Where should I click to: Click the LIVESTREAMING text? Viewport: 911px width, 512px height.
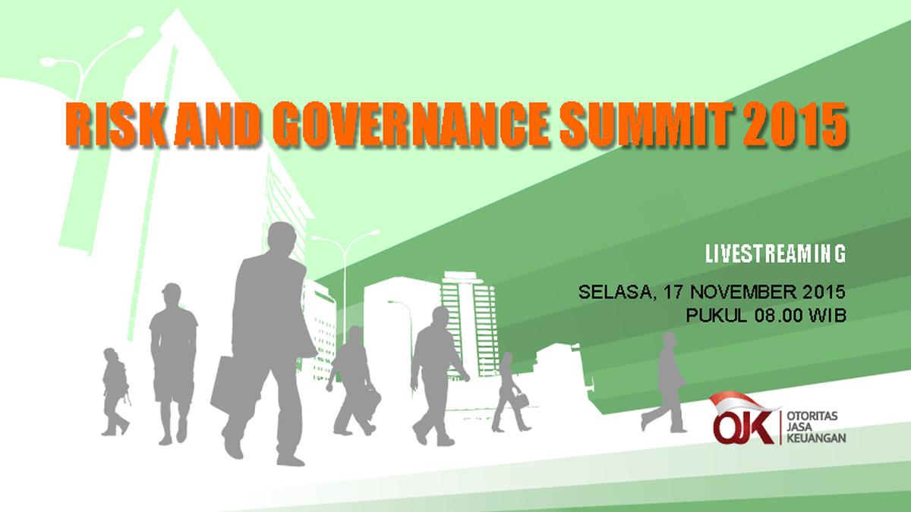[x=774, y=254]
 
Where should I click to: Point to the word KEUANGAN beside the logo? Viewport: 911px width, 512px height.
[x=817, y=438]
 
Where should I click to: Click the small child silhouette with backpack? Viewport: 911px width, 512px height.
[x=115, y=390]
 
